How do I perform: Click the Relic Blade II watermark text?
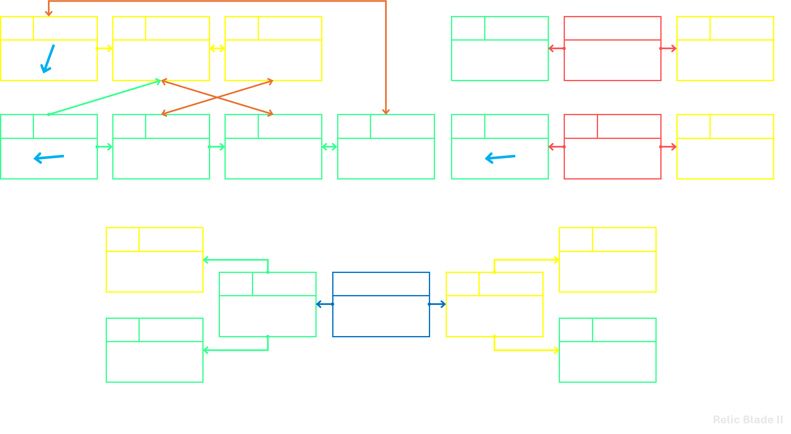[x=748, y=420]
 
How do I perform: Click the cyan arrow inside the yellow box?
[x=48, y=59]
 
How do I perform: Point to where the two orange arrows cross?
[x=217, y=97]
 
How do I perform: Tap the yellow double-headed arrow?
[x=217, y=48]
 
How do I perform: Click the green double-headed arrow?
[x=330, y=147]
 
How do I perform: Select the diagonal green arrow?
[x=105, y=98]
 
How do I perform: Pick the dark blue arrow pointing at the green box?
[x=324, y=304]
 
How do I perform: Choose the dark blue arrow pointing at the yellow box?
[x=437, y=304]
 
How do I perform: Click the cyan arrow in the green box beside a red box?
[x=500, y=158]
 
